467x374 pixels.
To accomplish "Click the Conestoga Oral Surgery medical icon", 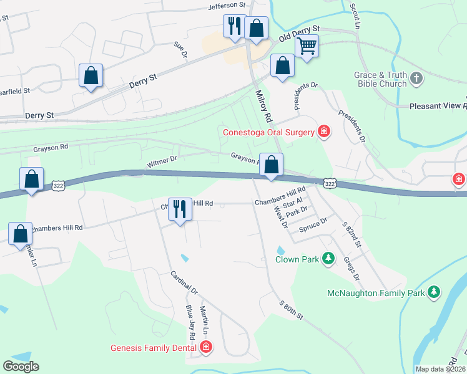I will pos(323,131).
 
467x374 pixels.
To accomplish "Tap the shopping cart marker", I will pos(307,46).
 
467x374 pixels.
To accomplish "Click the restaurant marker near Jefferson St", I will pos(235,26).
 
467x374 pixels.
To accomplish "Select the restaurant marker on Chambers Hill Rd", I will pos(180,209).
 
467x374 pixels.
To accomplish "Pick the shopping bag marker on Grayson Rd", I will pos(271,165).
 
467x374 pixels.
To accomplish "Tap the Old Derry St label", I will pos(299,33).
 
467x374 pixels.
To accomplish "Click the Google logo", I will pos(21,367).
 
